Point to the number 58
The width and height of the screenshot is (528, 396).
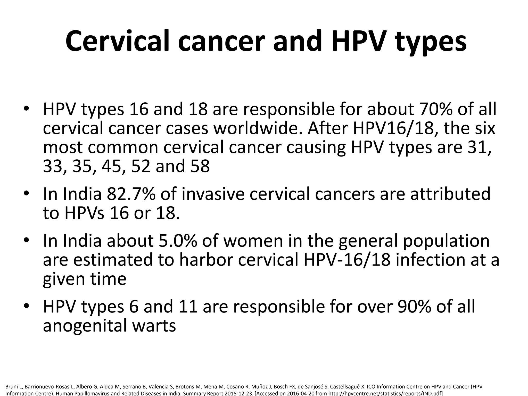(200, 166)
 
